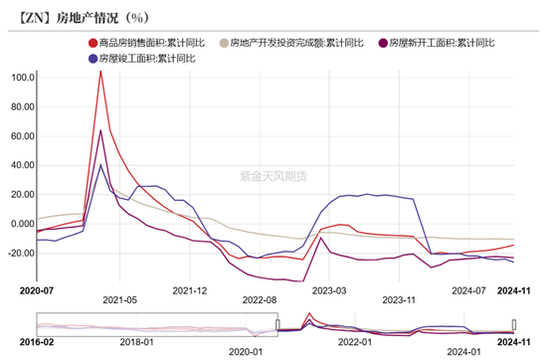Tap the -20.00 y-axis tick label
coord(20,253)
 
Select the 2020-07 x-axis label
coord(36,291)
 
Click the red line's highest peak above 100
coord(100,71)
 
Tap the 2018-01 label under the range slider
coord(136,351)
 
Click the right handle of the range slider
coord(514,324)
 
